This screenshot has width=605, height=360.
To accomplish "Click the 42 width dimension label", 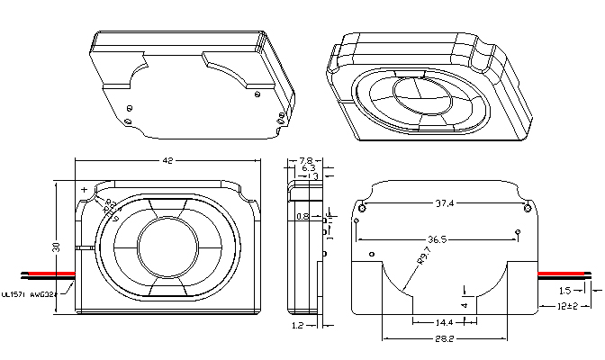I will click(x=167, y=161).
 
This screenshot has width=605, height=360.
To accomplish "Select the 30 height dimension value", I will click(x=55, y=247).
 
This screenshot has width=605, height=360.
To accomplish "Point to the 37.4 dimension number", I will click(x=444, y=204).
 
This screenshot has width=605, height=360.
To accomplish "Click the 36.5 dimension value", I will click(x=439, y=240).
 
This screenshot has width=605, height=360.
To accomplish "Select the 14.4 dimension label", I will click(x=445, y=321).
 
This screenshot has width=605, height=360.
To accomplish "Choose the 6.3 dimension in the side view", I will click(x=308, y=168).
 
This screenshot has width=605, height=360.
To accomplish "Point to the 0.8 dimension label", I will click(x=302, y=217).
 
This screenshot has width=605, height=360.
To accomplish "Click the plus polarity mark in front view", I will click(x=84, y=190).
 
